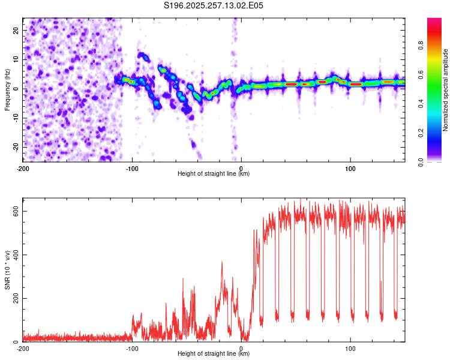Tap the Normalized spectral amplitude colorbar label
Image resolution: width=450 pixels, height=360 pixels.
coord(445,90)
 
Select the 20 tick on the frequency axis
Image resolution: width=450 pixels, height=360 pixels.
coord(16,30)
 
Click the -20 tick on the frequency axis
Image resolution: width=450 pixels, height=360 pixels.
coord(14,147)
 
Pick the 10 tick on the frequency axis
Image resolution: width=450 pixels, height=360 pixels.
coord(16,59)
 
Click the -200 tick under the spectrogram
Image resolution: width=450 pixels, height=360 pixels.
coord(23,167)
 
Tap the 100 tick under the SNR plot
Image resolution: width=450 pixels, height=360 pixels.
coord(350,348)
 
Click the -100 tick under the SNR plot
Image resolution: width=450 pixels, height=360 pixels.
coord(131,348)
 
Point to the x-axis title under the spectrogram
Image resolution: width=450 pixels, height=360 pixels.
coord(214,173)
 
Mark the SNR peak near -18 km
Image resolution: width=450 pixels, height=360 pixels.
coord(222,262)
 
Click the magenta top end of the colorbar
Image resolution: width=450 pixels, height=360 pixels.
coord(434,21)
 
